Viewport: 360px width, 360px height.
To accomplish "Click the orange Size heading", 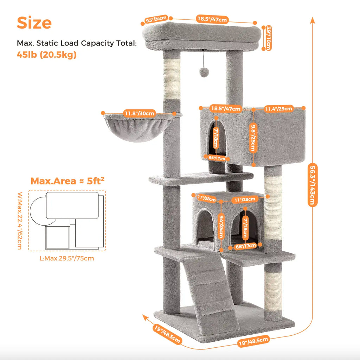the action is point(34,23).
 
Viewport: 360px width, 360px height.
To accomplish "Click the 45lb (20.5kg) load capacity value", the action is point(47,55).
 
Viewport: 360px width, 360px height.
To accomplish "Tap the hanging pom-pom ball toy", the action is point(204,72).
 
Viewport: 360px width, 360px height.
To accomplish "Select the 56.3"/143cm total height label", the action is point(312,185).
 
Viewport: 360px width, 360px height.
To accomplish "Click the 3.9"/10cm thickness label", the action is point(268,38).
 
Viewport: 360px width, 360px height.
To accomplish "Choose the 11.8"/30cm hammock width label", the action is point(139,113).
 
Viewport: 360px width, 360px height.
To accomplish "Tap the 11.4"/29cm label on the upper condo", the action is point(278,108).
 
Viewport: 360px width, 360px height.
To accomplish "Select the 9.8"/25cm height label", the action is point(253,138).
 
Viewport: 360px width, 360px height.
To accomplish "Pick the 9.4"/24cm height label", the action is point(221,226).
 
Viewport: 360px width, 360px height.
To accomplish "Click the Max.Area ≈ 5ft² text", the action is point(67,181).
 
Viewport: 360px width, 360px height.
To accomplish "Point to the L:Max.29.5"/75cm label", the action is point(67,258).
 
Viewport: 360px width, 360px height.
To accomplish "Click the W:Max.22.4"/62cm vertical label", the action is point(20,221).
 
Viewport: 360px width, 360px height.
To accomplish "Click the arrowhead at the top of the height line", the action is point(312,20).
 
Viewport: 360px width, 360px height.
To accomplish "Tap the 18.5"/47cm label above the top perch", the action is point(212,19).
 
